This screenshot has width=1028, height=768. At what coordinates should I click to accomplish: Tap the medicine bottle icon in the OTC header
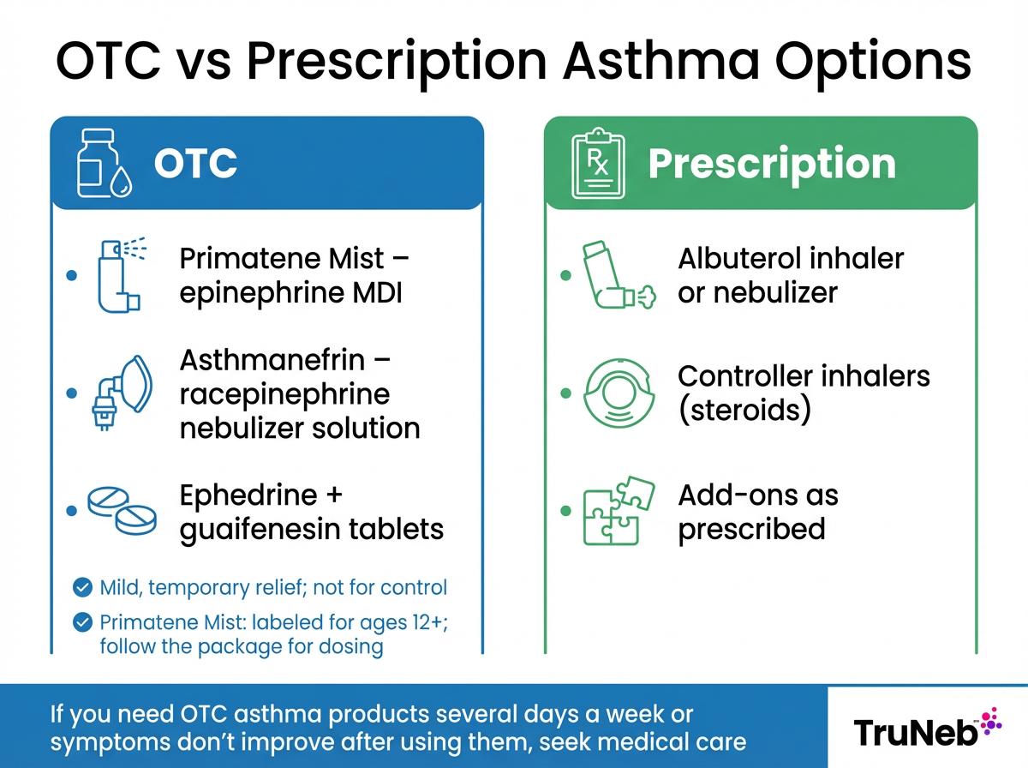pyautogui.click(x=101, y=163)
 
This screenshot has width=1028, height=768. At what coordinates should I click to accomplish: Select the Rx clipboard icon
pyautogui.click(x=596, y=163)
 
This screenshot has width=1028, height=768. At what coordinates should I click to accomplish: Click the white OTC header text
pyautogui.click(x=195, y=164)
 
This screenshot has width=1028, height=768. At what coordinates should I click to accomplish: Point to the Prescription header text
pyautogui.click(x=772, y=164)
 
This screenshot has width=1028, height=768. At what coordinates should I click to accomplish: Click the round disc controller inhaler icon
pyautogui.click(x=614, y=393)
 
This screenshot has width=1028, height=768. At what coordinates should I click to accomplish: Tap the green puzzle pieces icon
pyautogui.click(x=617, y=512)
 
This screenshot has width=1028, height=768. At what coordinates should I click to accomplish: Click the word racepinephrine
pyautogui.click(x=284, y=393)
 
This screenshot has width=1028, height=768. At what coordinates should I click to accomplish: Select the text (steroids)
pyautogui.click(x=744, y=410)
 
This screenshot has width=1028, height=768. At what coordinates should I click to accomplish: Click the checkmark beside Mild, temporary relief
pyautogui.click(x=83, y=588)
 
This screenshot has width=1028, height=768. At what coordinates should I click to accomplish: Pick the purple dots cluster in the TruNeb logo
pyautogui.click(x=990, y=721)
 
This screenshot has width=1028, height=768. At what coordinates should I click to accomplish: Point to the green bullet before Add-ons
pyautogui.click(x=565, y=512)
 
